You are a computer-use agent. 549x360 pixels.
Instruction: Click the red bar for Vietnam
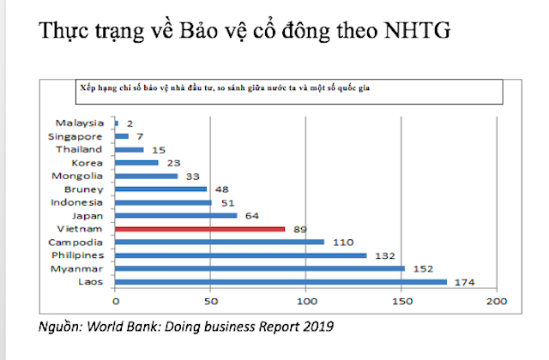coord(199,229)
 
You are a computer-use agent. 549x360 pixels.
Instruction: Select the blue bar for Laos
coord(280,281)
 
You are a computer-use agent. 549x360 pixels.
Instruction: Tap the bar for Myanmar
coord(259,268)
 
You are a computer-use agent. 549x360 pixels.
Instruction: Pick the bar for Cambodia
coord(219,242)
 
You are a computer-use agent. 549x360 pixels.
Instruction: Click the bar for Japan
coord(175,216)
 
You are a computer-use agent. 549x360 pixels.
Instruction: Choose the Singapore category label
coord(76,136)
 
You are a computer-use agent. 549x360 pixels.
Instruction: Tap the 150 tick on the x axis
coord(401,301)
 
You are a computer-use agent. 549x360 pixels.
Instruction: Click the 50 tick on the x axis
coord(210,301)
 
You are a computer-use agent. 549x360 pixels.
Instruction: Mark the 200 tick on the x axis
coord(497,301)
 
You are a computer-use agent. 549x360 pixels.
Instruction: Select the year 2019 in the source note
coord(317,327)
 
